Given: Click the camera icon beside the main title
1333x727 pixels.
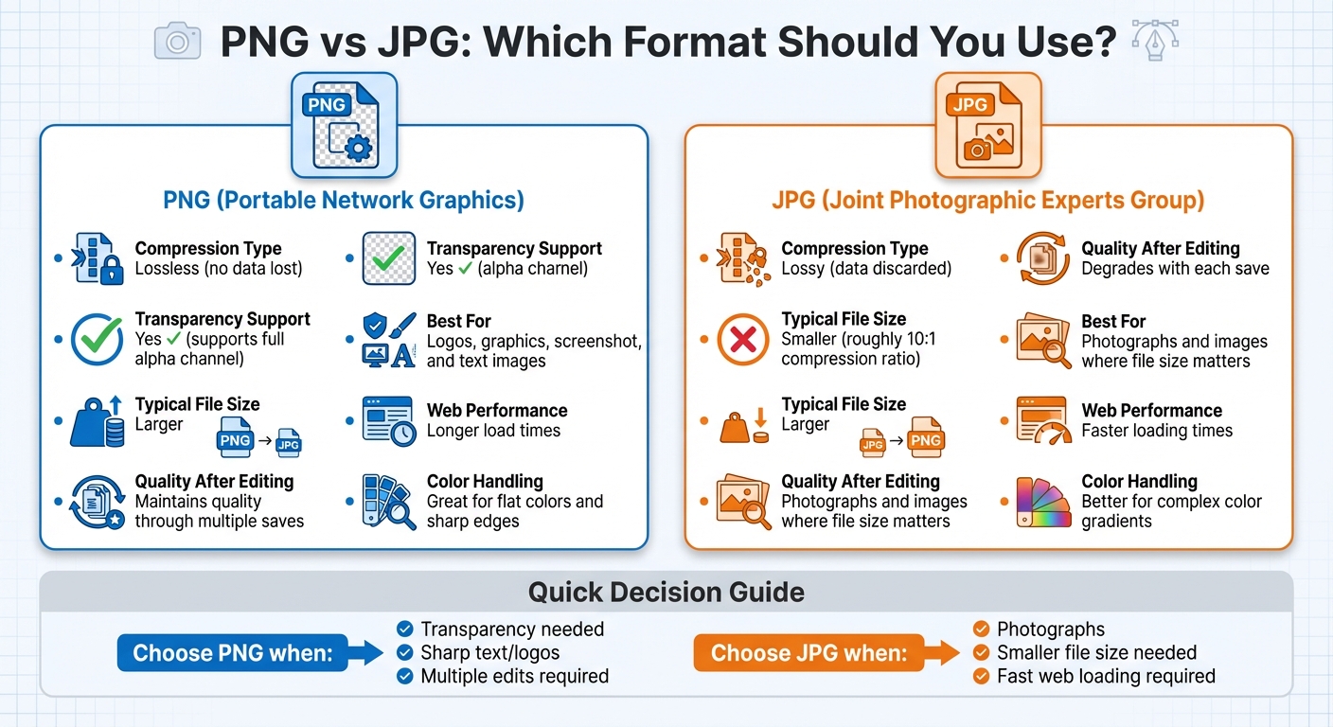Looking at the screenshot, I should click(178, 42).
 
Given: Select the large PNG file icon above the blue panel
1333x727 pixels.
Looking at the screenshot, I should click(343, 126).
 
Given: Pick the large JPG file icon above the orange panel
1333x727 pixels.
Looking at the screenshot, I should click(987, 126).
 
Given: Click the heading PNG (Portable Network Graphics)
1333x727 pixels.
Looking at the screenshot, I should click(344, 200).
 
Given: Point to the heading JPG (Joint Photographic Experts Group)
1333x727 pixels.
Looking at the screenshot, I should click(988, 200).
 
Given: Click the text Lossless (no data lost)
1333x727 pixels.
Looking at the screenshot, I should click(219, 269).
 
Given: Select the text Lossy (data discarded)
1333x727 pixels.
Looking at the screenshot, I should click(865, 269).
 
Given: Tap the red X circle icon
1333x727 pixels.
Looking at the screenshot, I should click(743, 340).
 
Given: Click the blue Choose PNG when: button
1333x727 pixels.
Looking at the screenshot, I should click(232, 653).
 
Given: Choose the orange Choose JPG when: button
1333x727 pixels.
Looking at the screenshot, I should click(809, 653).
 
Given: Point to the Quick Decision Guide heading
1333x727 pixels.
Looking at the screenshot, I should click(666, 593).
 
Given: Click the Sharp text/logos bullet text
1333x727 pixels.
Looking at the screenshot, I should click(489, 653).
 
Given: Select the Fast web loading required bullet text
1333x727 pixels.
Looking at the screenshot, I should click(1106, 676).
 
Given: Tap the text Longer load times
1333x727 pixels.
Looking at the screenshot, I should click(493, 431).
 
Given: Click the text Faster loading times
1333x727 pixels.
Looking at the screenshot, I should click(1157, 431).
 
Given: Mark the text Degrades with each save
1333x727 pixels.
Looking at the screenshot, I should click(1175, 269).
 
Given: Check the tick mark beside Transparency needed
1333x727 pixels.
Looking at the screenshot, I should click(404, 629).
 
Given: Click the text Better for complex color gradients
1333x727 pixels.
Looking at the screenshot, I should click(1171, 511).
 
